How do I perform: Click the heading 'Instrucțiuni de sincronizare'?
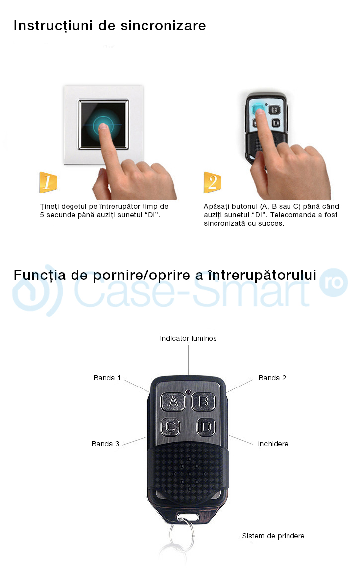click(x=110, y=25)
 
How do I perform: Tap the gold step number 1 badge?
click(x=48, y=183)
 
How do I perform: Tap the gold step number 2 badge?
click(x=212, y=183)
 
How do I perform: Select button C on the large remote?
click(x=170, y=426)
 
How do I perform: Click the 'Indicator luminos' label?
click(x=188, y=338)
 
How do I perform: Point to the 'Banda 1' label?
click(x=107, y=378)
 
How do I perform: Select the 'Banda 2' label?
click(x=272, y=378)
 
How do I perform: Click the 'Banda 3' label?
click(x=105, y=444)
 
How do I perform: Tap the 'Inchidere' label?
click(x=273, y=444)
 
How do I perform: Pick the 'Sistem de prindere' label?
click(x=273, y=536)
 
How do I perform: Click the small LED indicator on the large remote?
click(x=189, y=392)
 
